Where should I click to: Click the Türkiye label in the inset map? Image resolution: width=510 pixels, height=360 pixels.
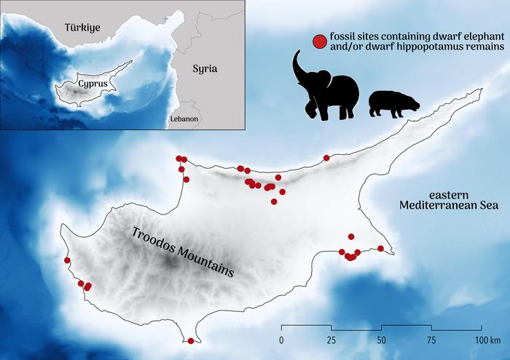[81, 27]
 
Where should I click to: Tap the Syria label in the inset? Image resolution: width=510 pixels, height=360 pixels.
[205, 69]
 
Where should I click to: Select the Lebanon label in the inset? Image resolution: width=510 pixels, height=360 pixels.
[184, 118]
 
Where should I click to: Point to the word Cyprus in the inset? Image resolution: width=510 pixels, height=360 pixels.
[93, 84]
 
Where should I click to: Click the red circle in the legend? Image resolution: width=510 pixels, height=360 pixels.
[318, 41]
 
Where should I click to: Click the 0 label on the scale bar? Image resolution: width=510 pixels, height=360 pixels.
[281, 340]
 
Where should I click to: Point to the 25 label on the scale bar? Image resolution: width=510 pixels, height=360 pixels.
[331, 340]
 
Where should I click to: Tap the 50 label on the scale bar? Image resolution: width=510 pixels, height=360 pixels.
[382, 340]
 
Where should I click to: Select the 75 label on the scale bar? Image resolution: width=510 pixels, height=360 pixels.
[431, 340]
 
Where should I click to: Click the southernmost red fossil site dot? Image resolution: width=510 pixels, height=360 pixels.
[191, 340]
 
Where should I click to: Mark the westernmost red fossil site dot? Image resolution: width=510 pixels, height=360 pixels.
[68, 260]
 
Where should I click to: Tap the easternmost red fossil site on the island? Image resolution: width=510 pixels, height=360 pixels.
[380, 249]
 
